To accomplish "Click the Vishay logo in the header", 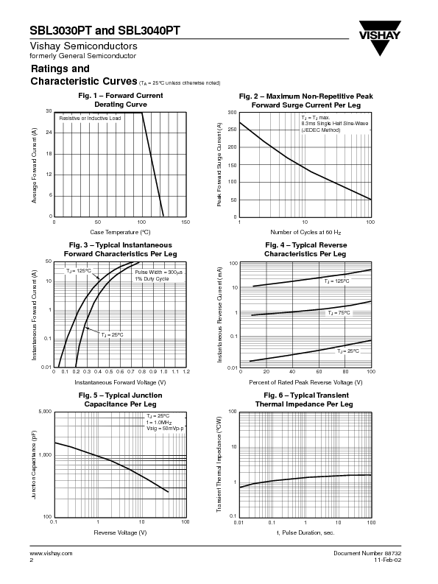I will click(x=380, y=41).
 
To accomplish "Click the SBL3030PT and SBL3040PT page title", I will click(x=105, y=31).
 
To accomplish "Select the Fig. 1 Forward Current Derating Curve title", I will click(x=120, y=100).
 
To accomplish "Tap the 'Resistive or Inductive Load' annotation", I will click(x=90, y=118).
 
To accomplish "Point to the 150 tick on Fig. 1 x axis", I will click(x=185, y=222).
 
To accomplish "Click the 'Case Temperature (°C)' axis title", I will click(x=120, y=232).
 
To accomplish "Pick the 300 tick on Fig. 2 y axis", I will click(x=232, y=113).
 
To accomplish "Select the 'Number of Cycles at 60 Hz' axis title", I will click(x=305, y=232).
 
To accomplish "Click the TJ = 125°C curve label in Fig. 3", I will click(x=79, y=271).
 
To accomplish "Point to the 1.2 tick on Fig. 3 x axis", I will click(x=186, y=372).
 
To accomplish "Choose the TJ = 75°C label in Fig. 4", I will click(x=339, y=313).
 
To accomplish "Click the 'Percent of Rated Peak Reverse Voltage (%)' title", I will click(x=305, y=382).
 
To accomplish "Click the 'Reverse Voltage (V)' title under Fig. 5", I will click(x=120, y=532).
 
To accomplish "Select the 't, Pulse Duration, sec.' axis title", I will click(x=305, y=532).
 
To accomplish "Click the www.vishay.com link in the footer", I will click(x=51, y=552).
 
